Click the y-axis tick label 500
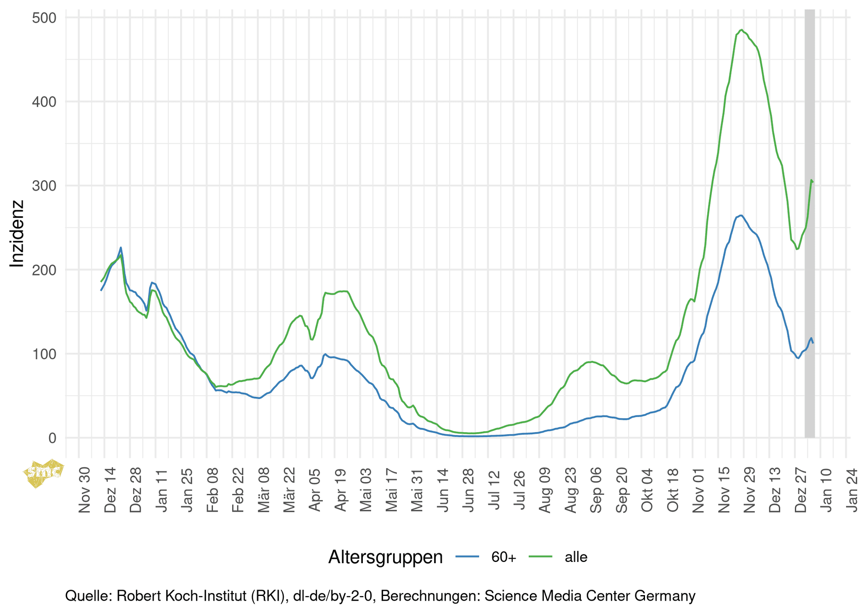(x=44, y=18)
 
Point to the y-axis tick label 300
(x=44, y=186)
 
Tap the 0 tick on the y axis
(x=52, y=438)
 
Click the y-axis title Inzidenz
(x=17, y=234)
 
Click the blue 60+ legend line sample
(x=467, y=557)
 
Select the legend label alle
(x=576, y=557)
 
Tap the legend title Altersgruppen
(x=385, y=557)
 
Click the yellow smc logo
(x=44, y=473)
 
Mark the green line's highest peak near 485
(x=742, y=30)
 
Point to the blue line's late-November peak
(x=741, y=215)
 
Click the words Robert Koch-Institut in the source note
(x=182, y=596)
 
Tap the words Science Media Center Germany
(x=590, y=596)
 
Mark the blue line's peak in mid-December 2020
(x=121, y=247)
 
